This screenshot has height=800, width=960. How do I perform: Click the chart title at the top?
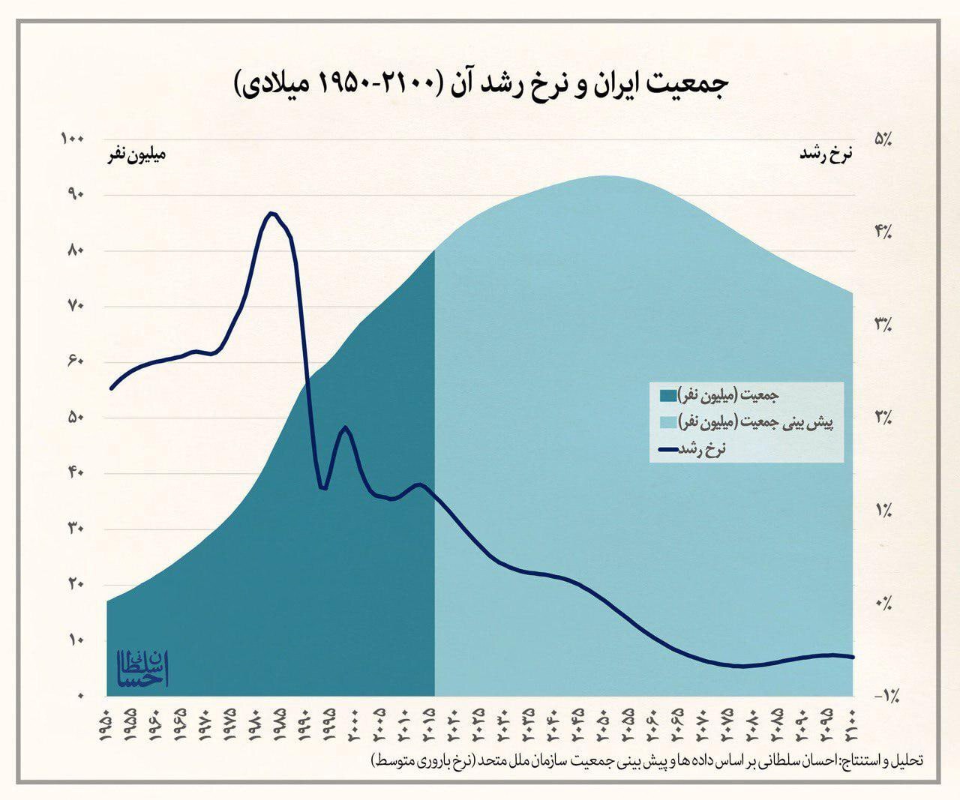tap(481, 85)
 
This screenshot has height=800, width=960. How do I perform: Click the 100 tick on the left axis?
tap(74, 139)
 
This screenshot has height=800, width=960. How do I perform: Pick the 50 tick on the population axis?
tap(76, 418)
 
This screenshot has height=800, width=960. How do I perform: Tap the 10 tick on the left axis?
tap(76, 640)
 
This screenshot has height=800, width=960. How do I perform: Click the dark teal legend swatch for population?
tap(667, 395)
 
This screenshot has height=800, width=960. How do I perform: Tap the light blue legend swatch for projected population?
tap(667, 422)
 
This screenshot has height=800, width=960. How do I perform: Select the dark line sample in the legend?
tap(667, 449)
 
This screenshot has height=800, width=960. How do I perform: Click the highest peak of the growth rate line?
tap(271, 214)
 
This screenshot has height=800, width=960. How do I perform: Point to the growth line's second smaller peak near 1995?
tap(345, 428)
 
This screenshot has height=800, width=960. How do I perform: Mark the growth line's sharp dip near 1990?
tap(323, 488)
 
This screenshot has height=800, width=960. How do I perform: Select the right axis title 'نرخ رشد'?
tap(826, 155)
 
